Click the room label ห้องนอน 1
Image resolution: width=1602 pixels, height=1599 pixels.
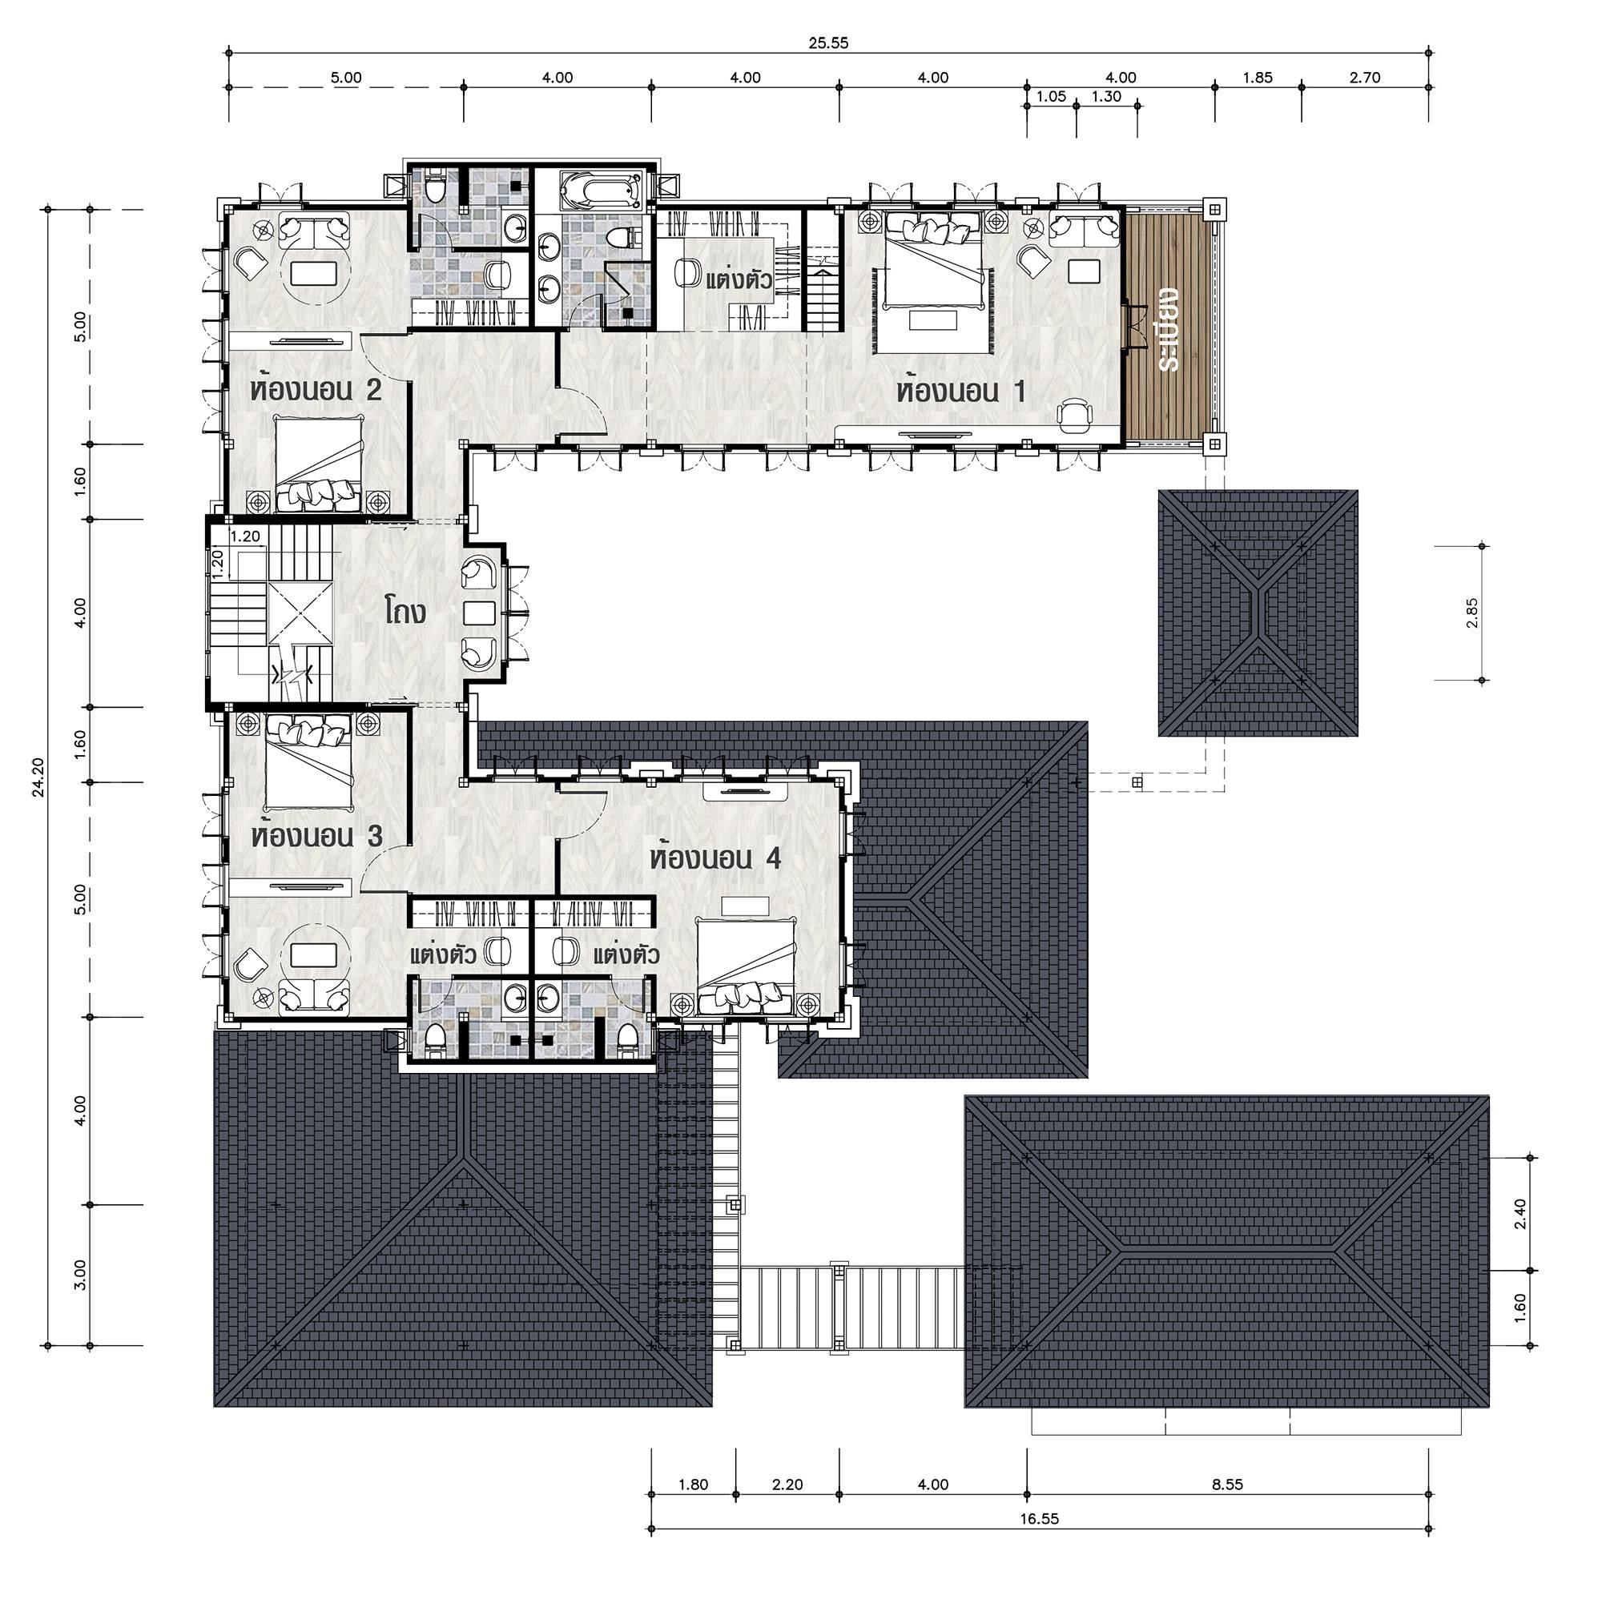(960, 391)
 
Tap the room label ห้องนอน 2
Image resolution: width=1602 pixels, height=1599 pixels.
(316, 388)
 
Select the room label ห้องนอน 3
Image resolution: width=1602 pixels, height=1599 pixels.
(317, 834)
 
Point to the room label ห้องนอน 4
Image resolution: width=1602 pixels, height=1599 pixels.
(715, 857)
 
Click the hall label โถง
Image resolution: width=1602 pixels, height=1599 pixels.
(406, 613)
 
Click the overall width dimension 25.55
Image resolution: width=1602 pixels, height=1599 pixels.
(828, 43)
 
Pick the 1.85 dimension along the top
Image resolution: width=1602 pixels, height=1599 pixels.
(1257, 78)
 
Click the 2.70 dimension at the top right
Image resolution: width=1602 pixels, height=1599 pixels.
(1365, 78)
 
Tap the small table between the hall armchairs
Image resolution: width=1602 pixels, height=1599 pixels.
(479, 613)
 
